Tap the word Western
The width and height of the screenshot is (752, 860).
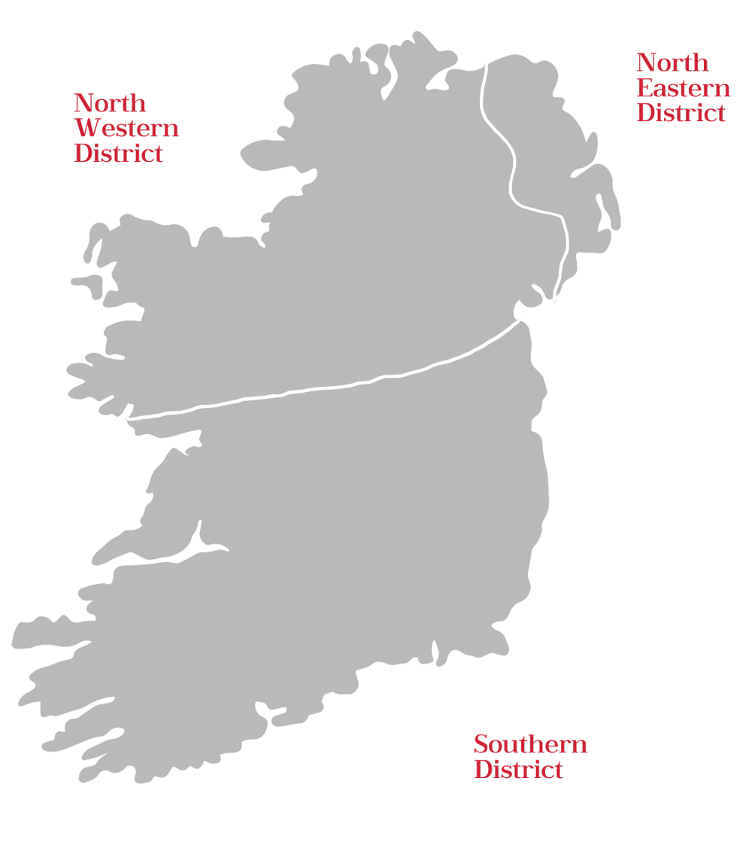(126, 128)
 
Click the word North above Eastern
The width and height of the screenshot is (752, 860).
(672, 62)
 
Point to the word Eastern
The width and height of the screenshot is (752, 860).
(683, 87)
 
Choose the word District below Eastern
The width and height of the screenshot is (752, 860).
(681, 112)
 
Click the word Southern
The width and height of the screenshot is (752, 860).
(530, 745)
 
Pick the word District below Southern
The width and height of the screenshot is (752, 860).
(518, 770)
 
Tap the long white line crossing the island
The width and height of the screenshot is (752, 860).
(323, 387)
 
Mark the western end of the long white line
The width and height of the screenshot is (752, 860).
(129, 418)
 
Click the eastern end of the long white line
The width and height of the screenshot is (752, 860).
(520, 321)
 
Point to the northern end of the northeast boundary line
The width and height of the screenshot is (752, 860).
(486, 65)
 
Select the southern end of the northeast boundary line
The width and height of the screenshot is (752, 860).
(554, 300)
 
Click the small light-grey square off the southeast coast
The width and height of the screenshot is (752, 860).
(520, 666)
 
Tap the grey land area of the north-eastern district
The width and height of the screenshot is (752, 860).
(556, 150)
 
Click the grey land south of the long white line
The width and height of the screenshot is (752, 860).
(338, 542)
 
